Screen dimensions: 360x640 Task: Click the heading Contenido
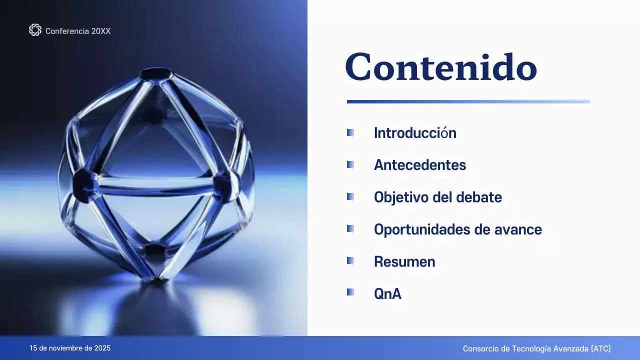point(441,67)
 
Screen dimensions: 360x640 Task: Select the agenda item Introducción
point(415,133)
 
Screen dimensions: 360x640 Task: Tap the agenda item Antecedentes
point(420,165)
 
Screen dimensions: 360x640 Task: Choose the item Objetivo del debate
point(438,197)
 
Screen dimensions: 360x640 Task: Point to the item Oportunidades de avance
point(458,229)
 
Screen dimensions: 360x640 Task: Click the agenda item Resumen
point(404,261)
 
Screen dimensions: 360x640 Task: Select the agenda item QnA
point(387,293)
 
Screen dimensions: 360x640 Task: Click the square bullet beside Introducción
point(350,132)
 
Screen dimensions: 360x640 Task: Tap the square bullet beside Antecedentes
point(350,164)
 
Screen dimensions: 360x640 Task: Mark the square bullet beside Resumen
point(350,260)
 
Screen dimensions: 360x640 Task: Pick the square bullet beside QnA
point(350,292)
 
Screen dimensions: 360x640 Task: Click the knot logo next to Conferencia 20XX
point(35,30)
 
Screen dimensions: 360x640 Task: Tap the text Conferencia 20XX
point(78,31)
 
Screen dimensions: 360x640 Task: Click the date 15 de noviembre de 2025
point(70,348)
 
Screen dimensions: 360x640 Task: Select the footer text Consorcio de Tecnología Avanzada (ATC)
point(536,348)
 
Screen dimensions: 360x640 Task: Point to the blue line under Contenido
point(468,101)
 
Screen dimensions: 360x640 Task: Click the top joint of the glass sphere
point(155,74)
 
